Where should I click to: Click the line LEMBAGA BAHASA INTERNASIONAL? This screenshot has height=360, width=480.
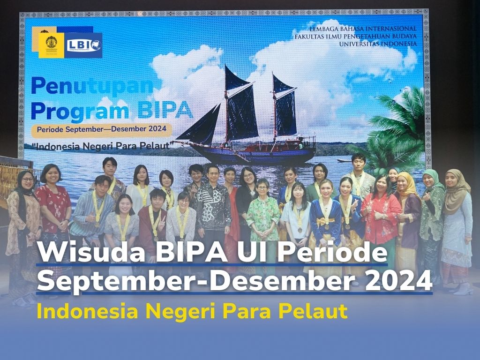tap(360, 28)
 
